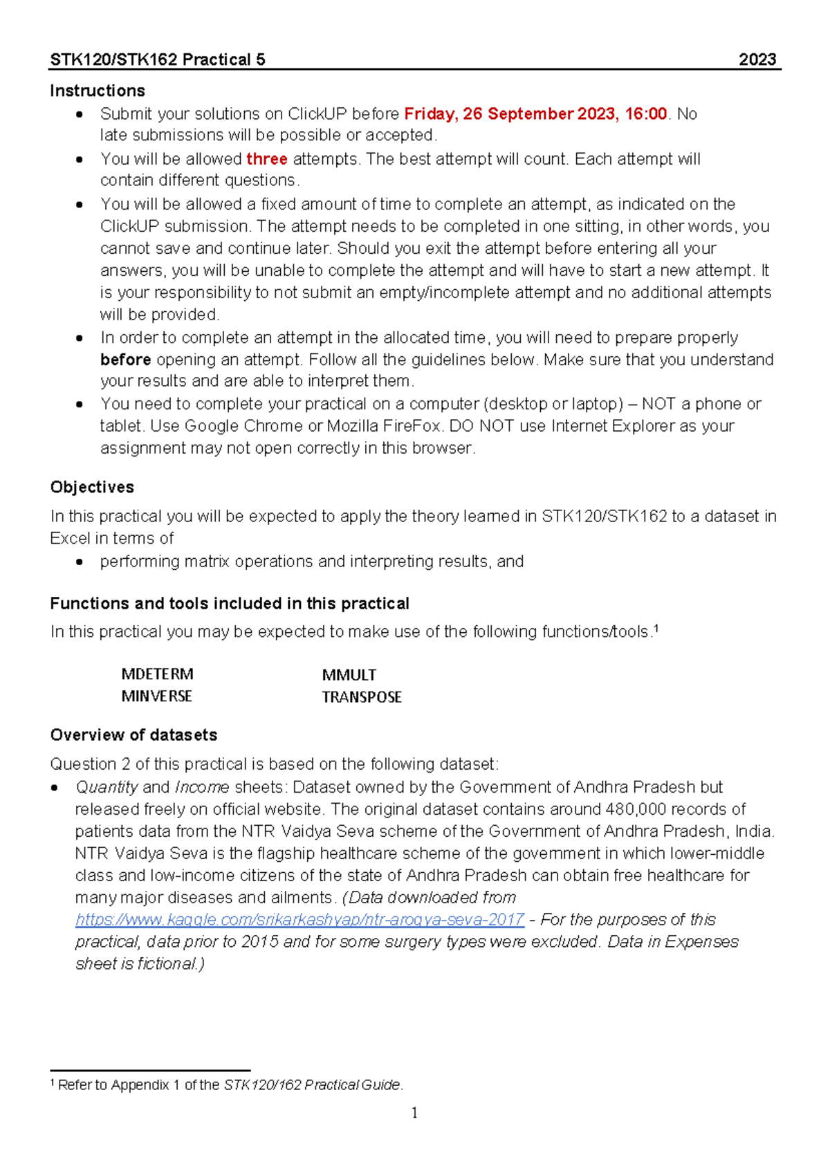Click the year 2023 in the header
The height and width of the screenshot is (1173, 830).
(x=757, y=59)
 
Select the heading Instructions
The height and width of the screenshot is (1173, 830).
(x=98, y=91)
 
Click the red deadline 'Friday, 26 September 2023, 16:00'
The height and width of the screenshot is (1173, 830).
(x=535, y=113)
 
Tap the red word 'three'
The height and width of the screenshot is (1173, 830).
(x=266, y=159)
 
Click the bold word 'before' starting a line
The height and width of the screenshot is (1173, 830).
(x=125, y=360)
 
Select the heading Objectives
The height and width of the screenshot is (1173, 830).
(x=92, y=487)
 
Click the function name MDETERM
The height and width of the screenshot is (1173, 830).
(x=157, y=674)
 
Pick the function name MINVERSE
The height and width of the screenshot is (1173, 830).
(x=156, y=696)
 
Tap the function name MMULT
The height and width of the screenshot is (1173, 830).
(x=349, y=675)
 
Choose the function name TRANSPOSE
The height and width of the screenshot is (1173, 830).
(x=361, y=697)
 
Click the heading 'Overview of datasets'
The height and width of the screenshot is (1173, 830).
(x=133, y=735)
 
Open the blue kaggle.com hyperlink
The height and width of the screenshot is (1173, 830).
(x=299, y=920)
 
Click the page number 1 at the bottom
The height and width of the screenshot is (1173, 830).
(x=414, y=1113)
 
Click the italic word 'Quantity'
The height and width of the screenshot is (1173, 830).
(x=107, y=787)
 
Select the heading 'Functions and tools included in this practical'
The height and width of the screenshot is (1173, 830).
(x=230, y=603)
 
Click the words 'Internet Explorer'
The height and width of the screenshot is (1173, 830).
(x=612, y=426)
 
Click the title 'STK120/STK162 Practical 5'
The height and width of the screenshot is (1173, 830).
(x=158, y=59)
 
